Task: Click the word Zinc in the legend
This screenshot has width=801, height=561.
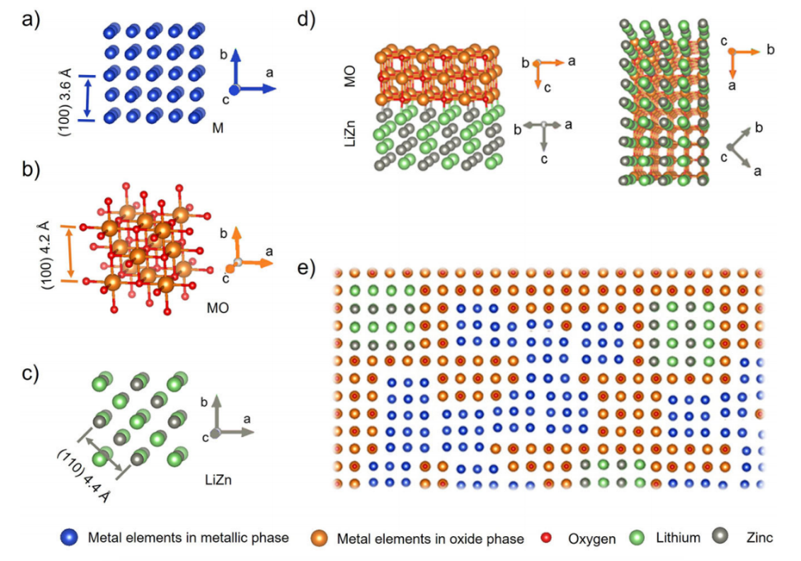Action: point(757,538)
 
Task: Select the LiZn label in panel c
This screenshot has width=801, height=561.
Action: point(220,478)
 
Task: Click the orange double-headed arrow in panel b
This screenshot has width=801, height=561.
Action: point(69,253)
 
